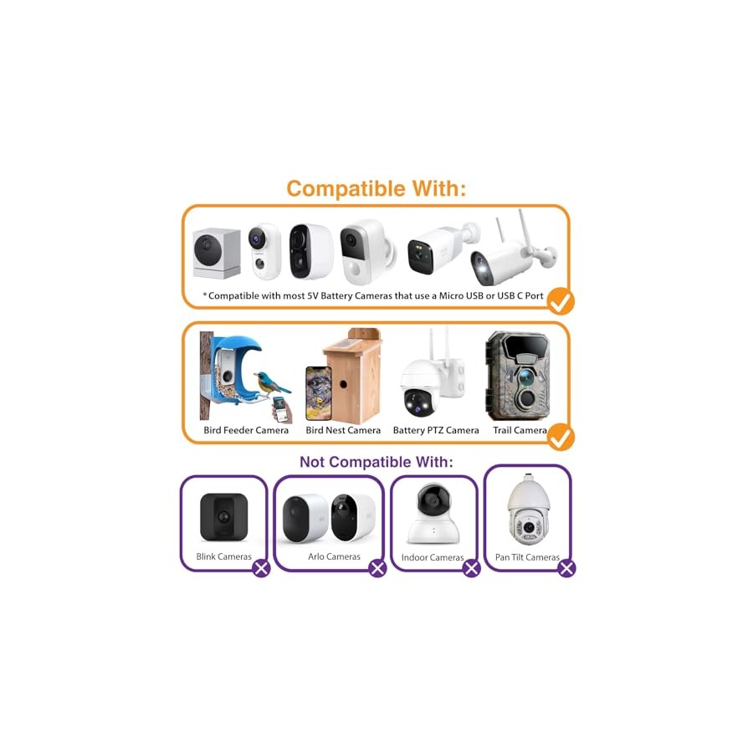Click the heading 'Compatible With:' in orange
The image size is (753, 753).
(376, 188)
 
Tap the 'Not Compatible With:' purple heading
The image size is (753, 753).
(376, 462)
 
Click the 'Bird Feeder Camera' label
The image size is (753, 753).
(246, 430)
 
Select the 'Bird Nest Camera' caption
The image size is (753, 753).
(343, 430)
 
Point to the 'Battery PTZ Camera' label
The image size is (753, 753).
(436, 430)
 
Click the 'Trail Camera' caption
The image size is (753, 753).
(520, 430)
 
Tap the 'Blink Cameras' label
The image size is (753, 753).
(223, 556)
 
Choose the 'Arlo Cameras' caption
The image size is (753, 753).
(334, 556)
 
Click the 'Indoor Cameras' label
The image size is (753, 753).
(433, 557)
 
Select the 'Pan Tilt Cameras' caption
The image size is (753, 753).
(527, 557)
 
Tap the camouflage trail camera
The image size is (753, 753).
(518, 376)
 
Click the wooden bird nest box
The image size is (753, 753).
(353, 376)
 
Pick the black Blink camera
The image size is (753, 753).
(223, 517)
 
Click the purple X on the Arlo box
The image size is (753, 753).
(377, 569)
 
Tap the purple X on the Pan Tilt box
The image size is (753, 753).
(566, 569)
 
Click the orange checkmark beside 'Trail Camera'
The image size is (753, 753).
(561, 437)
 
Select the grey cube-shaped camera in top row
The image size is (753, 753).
(217, 253)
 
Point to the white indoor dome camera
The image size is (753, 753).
(433, 514)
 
